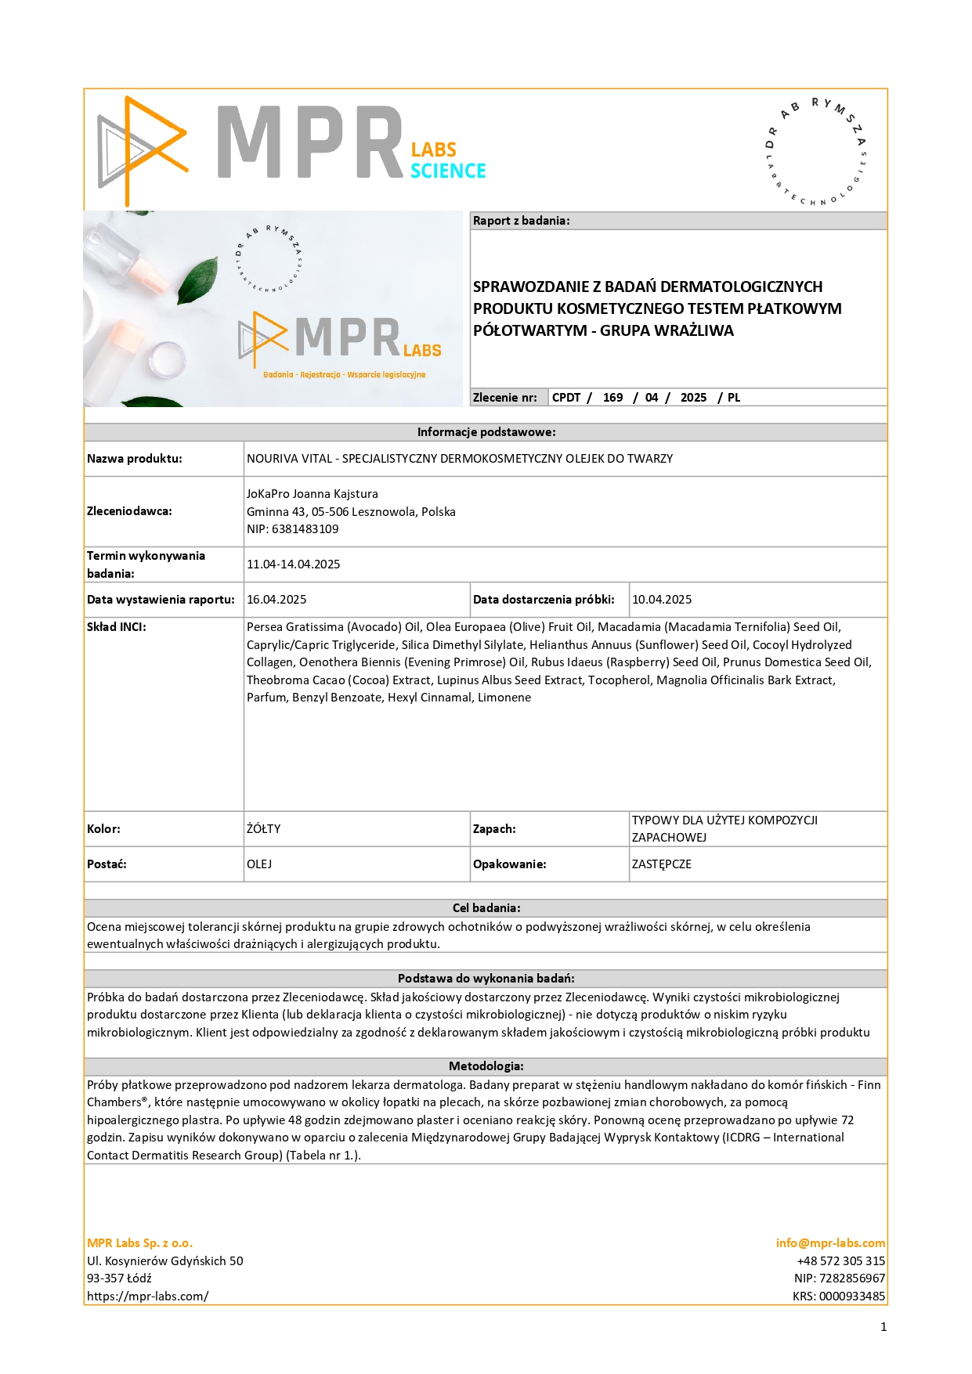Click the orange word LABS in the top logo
pos(433,150)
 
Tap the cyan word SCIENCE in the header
pos(448,171)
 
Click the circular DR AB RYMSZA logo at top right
pos(816,152)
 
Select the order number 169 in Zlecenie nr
pos(612,398)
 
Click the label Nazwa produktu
pos(134,459)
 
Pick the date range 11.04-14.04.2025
pos(293,564)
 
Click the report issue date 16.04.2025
pos(276,600)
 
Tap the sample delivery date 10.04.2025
pos(662,600)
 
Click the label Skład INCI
pos(117,627)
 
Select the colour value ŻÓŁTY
pos(263,829)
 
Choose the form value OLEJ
pos(259,864)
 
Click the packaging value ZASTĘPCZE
pos(662,864)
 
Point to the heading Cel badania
pos(486,908)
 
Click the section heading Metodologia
pos(486,1066)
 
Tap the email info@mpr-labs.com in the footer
pos(830,1243)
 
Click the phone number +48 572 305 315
pos(840,1261)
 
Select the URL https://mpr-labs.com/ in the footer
pos(148,1296)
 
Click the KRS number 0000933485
pos(852,1296)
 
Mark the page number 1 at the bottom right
pos(883,1327)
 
